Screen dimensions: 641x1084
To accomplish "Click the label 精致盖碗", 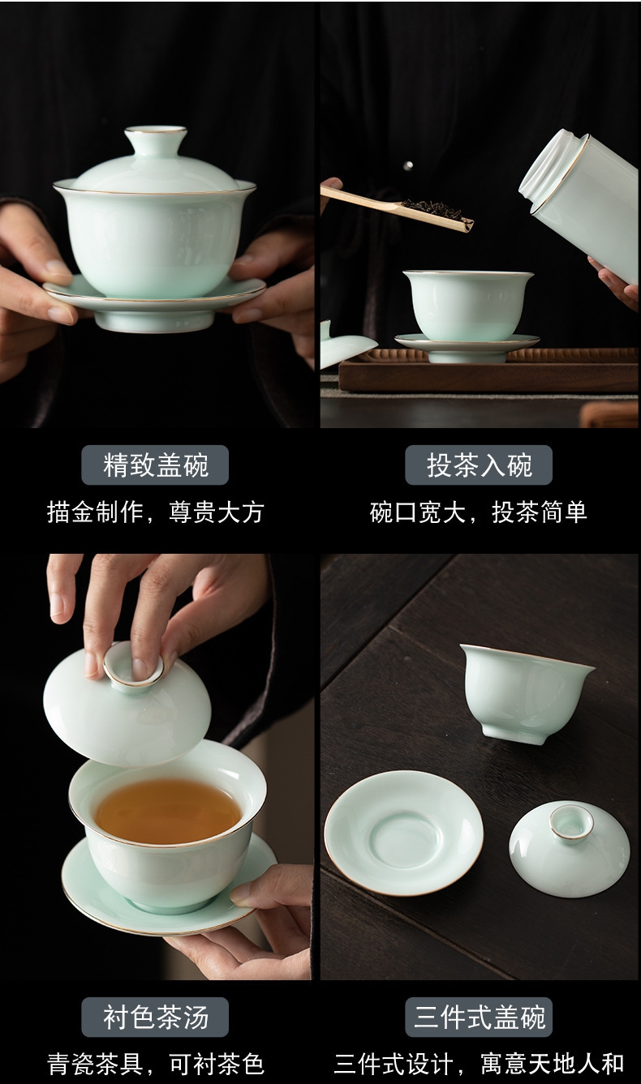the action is pos(155,465).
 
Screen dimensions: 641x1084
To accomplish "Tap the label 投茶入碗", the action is pos(479,465).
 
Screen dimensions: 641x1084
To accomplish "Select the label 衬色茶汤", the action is pos(155,1018).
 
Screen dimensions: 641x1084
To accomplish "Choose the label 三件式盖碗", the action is pos(479,1018).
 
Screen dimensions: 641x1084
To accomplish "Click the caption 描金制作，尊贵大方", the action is pos(156,512).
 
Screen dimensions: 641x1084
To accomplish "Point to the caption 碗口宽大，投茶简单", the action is pos(479,512).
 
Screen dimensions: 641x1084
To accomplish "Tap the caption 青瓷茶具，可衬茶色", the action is pos(156,1064).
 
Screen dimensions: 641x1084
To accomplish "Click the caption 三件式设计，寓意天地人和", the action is pos(479,1064).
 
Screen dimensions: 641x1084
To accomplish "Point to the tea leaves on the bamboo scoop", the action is pos(432,208).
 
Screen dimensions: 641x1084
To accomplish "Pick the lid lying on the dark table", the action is pos(570,846).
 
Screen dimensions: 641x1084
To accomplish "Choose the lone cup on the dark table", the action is pos(527,692).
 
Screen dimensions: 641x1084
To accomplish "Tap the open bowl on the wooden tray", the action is pos(467,305).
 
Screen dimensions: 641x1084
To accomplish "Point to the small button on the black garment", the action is pos(408,166).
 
